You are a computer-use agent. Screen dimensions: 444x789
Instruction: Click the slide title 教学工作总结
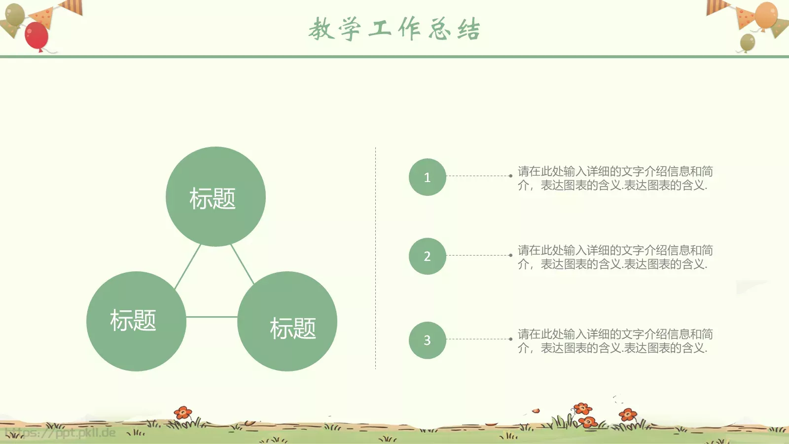[394, 29]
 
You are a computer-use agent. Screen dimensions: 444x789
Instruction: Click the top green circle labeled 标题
[215, 196]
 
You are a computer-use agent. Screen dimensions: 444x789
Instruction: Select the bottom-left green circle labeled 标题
[136, 321]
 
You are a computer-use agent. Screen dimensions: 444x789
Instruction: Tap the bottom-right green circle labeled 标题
[287, 321]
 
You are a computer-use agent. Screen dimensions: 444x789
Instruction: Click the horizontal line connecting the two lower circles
[212, 317]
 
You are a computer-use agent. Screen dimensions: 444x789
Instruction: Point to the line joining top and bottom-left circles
[188, 266]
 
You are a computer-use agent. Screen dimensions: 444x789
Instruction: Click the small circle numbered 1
[427, 177]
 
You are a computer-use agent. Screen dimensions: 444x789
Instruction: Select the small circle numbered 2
[427, 256]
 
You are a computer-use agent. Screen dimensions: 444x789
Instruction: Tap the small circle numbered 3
[427, 340]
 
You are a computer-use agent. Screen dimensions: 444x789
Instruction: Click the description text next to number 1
[614, 178]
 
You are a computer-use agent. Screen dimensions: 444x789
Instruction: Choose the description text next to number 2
[614, 257]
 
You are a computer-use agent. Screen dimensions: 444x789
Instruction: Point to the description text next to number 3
[614, 341]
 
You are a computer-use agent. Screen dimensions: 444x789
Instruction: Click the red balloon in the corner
[36, 36]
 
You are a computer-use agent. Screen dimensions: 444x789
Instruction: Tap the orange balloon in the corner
[766, 15]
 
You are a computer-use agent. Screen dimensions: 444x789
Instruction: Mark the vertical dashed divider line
[375, 257]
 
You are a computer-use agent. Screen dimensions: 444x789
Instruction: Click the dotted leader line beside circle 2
[478, 255]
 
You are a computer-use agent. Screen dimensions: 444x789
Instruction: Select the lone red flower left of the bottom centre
[183, 412]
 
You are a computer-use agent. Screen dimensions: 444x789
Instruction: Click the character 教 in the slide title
[322, 29]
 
